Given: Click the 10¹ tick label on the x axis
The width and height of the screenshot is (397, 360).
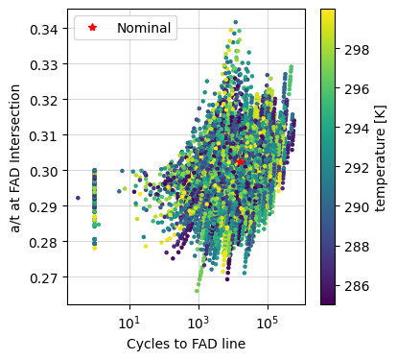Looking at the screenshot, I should (x=129, y=322).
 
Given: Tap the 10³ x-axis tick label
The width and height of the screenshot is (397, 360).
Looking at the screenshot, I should (x=198, y=322).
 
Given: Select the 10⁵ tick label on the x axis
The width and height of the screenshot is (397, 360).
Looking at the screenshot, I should (x=267, y=322).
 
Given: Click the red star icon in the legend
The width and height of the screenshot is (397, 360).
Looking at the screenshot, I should (x=93, y=28).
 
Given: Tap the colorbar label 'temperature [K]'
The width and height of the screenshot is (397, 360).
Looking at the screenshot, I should (x=381, y=157).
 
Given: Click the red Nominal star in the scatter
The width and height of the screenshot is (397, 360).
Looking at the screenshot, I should (x=239, y=162).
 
